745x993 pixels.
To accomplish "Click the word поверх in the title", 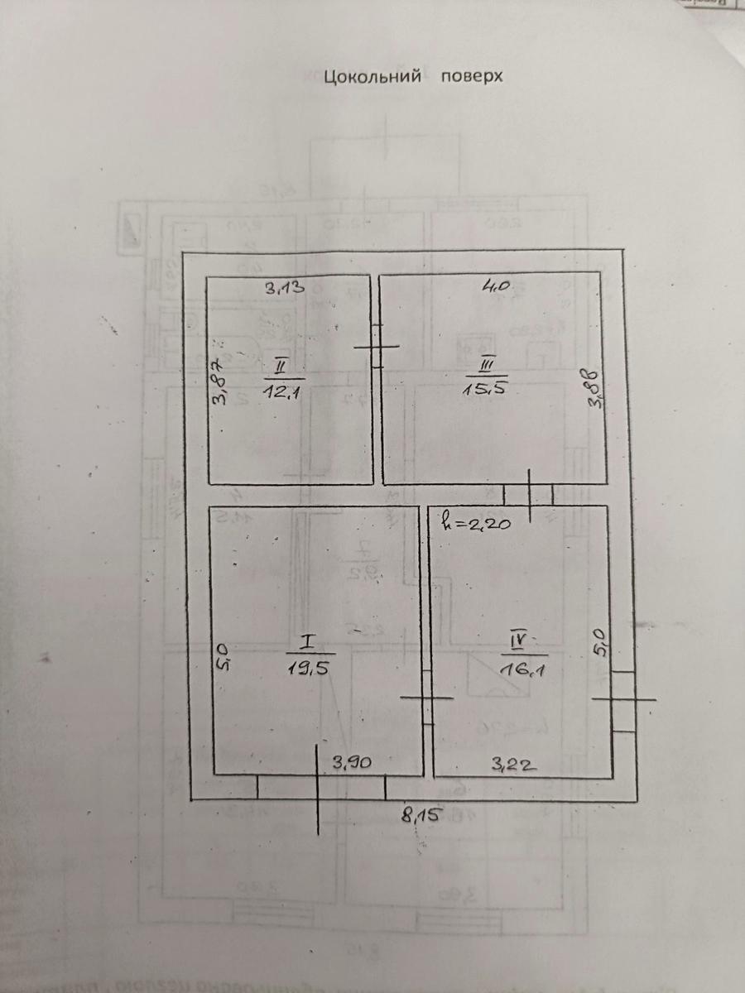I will tap(473, 76).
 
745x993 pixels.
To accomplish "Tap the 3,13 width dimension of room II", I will tap(286, 289).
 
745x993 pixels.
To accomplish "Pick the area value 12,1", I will tap(281, 392).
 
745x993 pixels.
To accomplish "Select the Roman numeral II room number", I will tap(281, 365).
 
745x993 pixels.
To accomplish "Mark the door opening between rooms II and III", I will tap(376, 347).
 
